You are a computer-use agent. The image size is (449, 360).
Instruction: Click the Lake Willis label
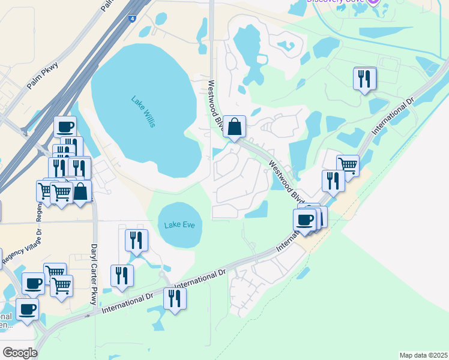pos(143,111)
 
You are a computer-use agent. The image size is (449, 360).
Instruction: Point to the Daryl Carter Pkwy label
pos(94,274)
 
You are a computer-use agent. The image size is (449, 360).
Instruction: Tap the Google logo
pos(20,352)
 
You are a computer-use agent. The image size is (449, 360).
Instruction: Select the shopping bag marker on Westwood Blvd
pos(235,127)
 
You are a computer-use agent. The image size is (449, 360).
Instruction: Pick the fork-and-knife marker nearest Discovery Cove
pos(365,79)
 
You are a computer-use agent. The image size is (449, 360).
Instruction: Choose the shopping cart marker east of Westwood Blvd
pos(348,165)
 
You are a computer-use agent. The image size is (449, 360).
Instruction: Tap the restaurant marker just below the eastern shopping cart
pos(333,181)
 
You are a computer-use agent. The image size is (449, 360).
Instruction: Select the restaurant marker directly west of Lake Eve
pos(136,240)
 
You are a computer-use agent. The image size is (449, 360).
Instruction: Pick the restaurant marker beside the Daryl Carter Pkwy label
pos(122,275)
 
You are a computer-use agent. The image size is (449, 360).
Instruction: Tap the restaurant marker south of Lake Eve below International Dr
pos(175,298)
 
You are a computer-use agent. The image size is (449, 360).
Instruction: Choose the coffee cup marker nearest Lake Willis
pos(65,127)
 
